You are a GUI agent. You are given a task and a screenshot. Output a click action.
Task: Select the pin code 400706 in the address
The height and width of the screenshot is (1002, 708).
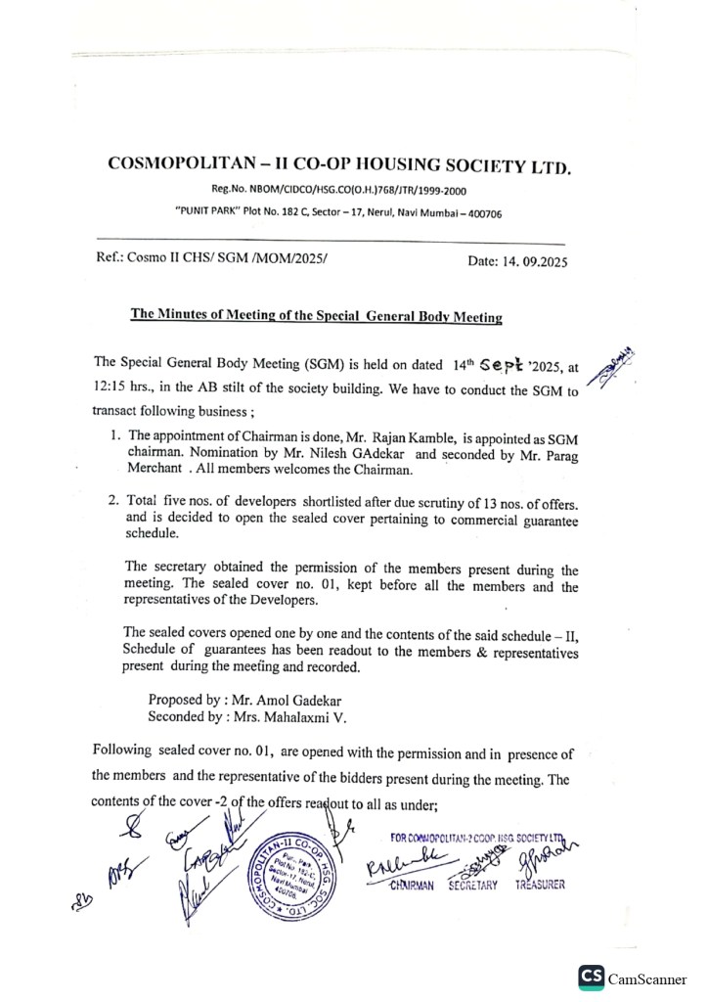pyautogui.click(x=482, y=213)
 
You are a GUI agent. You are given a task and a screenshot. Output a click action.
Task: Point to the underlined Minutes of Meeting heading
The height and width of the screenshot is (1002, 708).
pyautogui.click(x=316, y=315)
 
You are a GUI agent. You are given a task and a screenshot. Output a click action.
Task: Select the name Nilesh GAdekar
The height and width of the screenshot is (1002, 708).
pyautogui.click(x=357, y=454)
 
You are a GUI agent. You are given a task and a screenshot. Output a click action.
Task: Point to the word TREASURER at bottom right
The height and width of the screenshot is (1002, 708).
pyautogui.click(x=536, y=885)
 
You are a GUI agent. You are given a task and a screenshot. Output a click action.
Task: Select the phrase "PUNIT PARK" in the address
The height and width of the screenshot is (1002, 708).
pyautogui.click(x=206, y=213)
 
